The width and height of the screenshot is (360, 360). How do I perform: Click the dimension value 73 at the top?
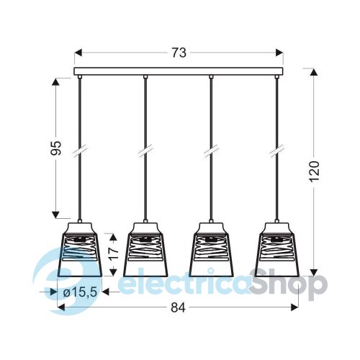pyautogui.click(x=179, y=53)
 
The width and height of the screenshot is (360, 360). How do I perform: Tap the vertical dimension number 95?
pyautogui.click(x=57, y=148)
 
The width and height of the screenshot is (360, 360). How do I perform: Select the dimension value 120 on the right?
pyautogui.click(x=314, y=171)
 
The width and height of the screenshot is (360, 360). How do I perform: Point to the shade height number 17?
pyautogui.click(x=114, y=254)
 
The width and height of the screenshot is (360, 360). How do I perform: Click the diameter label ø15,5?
pyautogui.click(x=80, y=292)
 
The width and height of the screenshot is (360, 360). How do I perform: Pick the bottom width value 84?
pyautogui.click(x=179, y=307)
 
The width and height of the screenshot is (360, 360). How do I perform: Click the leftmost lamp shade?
pyautogui.click(x=80, y=250)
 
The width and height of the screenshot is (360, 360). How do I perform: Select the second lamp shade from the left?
pyautogui.click(x=145, y=250)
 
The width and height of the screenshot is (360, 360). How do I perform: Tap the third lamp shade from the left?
pyautogui.click(x=211, y=250)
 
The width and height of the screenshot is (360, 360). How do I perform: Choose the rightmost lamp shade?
pyautogui.click(x=276, y=250)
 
